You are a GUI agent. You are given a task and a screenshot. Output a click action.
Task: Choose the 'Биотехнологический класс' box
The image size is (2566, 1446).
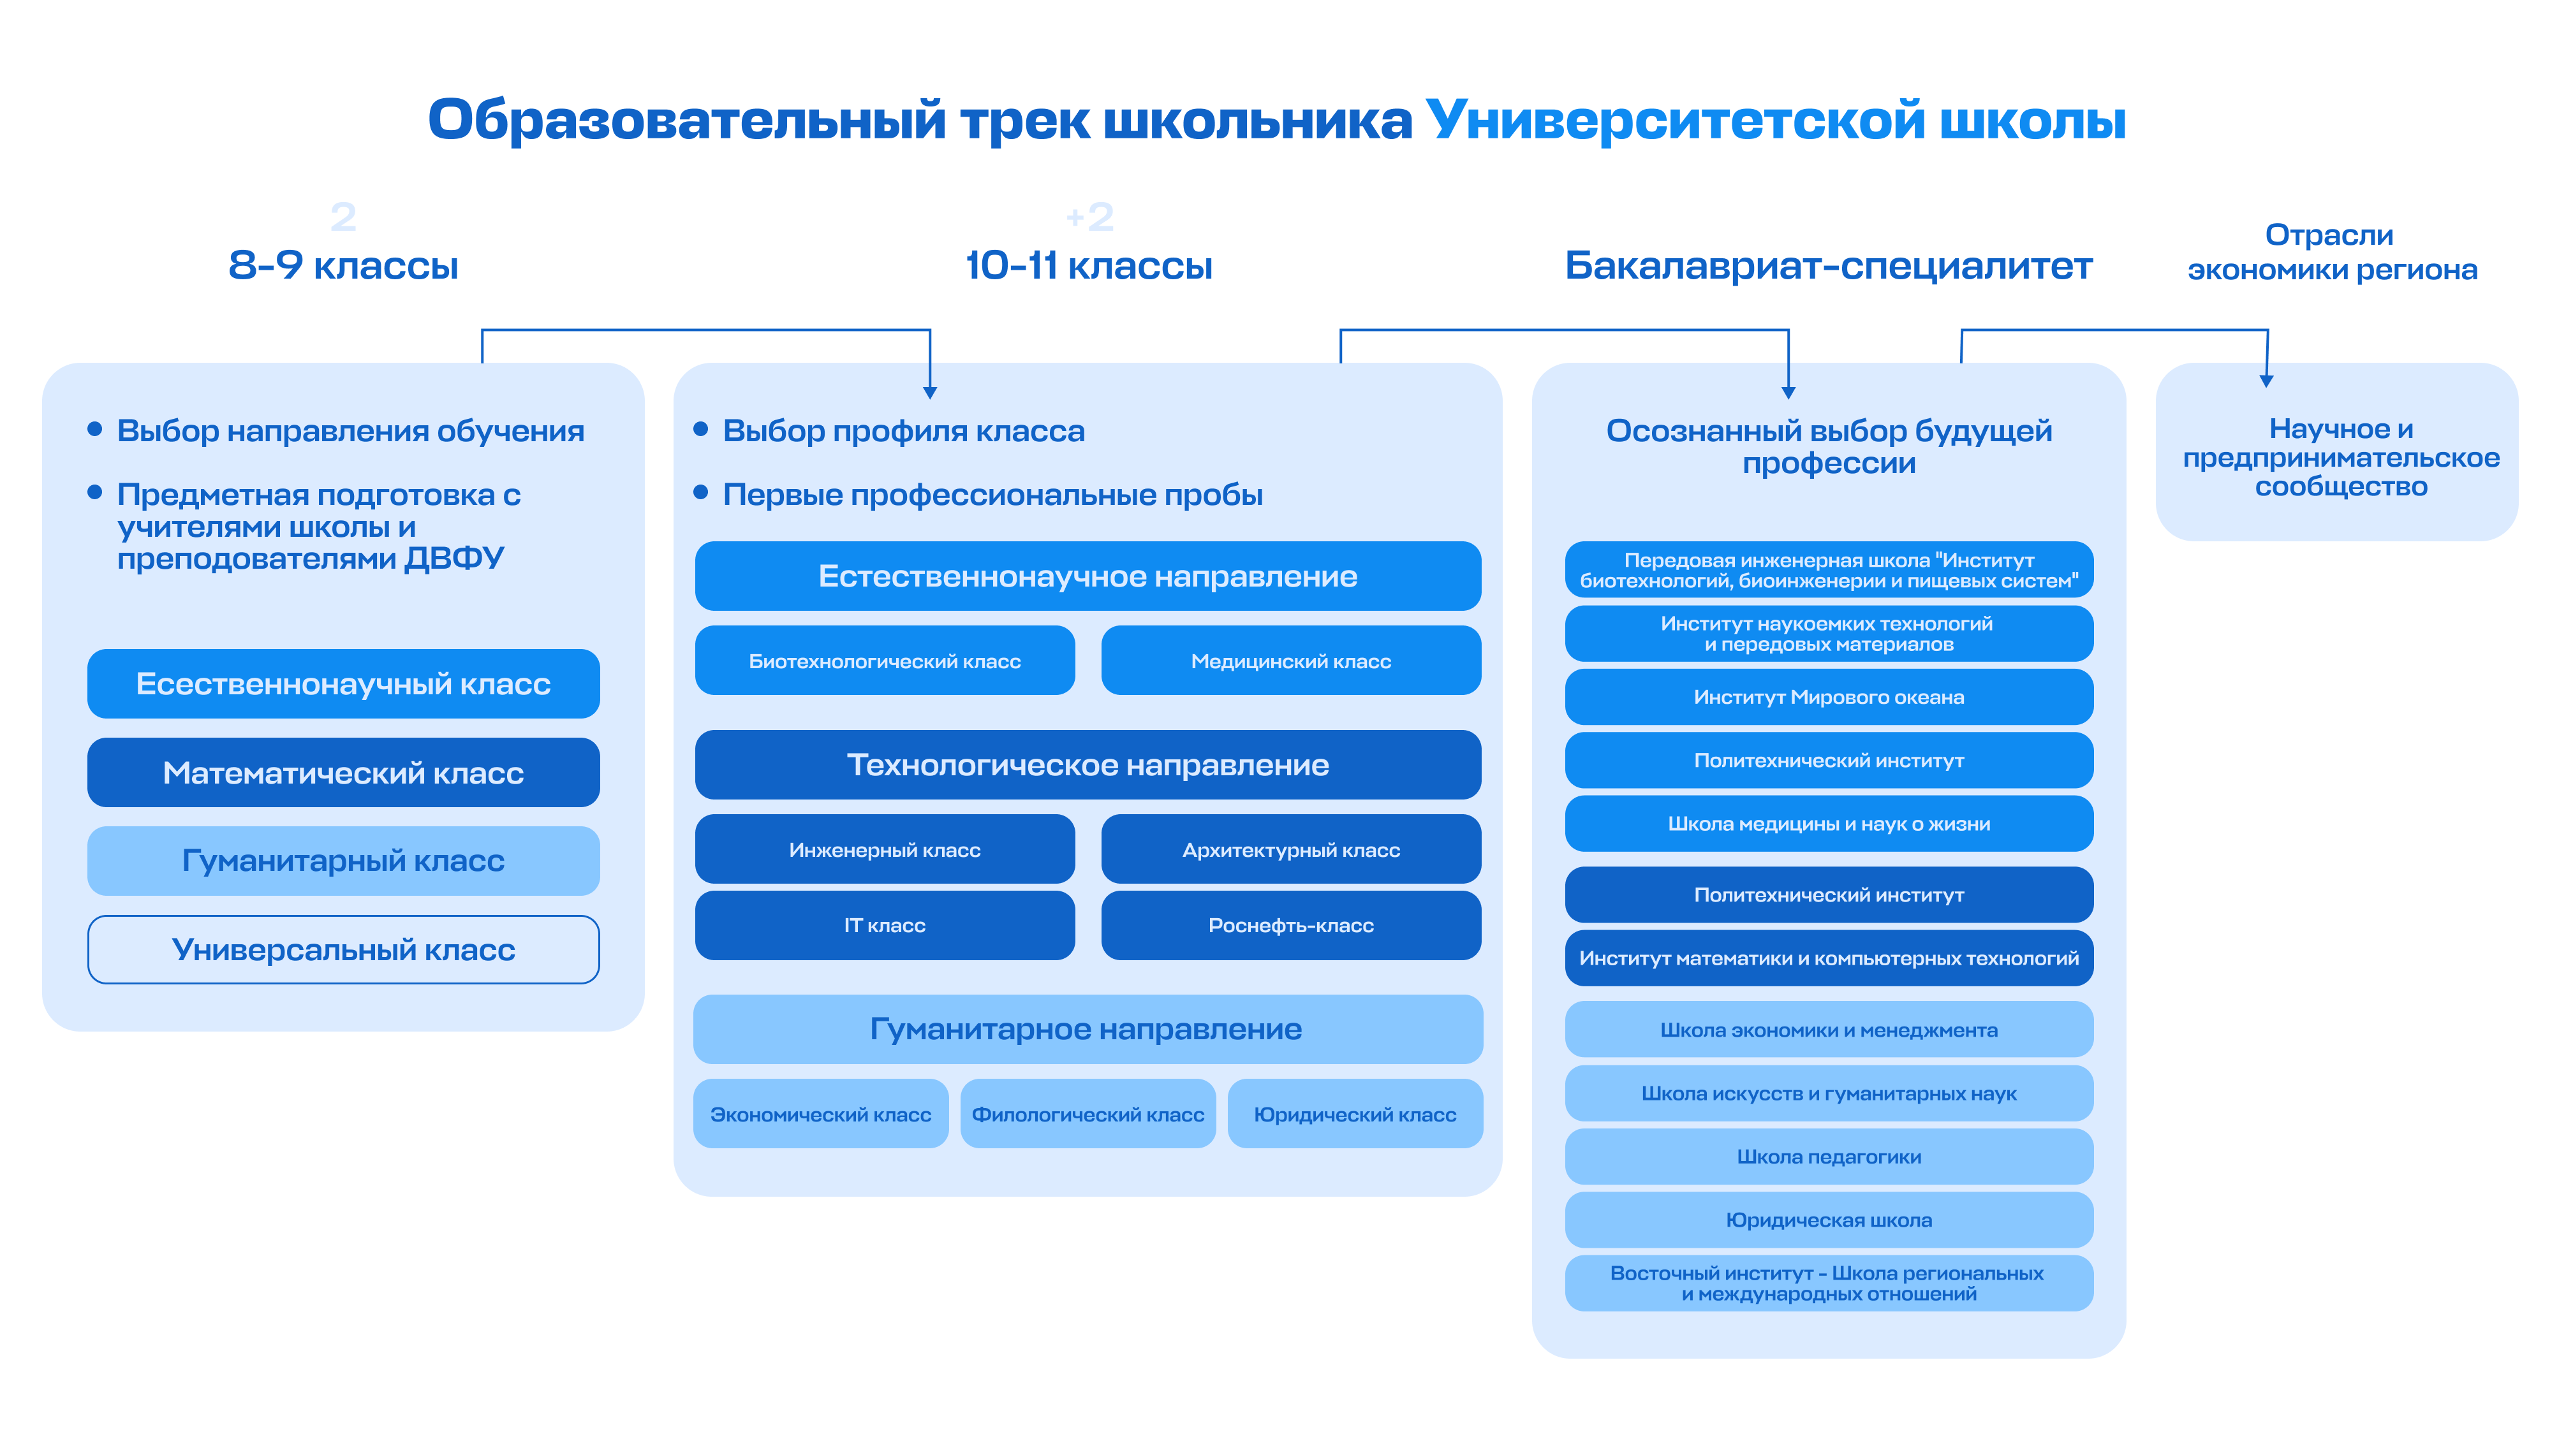[x=885, y=661]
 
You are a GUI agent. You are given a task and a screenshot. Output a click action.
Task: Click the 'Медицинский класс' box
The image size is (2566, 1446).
[x=1291, y=661]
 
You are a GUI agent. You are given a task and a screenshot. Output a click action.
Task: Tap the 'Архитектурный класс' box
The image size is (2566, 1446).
[x=1291, y=849]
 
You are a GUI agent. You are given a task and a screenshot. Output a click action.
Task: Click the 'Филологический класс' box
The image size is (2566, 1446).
[x=1088, y=1114]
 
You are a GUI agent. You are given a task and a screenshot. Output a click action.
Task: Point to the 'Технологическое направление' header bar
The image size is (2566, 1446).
[x=1088, y=765]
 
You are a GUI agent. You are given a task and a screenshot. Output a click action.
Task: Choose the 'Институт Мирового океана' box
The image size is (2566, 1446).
[x=1829, y=697]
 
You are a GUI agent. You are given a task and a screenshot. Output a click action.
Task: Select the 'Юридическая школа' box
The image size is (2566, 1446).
[x=1829, y=1220]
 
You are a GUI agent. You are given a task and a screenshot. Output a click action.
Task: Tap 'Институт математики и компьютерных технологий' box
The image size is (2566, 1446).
[x=1829, y=958]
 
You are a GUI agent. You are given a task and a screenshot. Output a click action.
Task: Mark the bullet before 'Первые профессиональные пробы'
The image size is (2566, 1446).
[x=700, y=492]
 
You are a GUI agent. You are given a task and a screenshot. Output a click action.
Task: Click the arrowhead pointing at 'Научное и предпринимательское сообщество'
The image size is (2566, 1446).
[x=2266, y=381]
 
